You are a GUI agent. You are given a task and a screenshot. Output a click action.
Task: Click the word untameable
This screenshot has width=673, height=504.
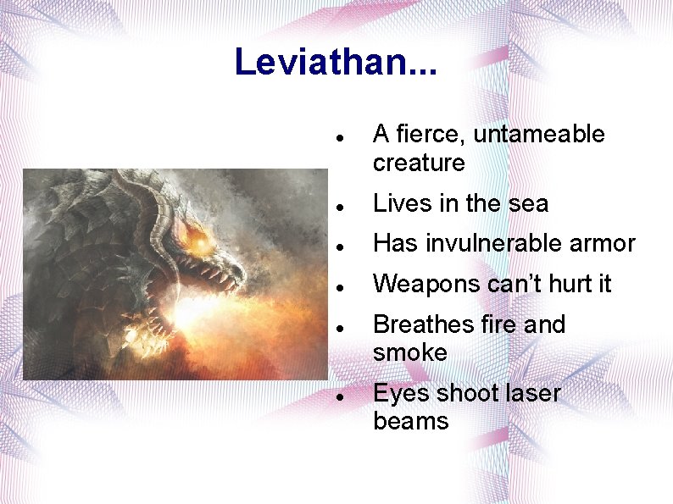point(539,135)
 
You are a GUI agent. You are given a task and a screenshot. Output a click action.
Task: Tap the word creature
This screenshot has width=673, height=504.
point(419,163)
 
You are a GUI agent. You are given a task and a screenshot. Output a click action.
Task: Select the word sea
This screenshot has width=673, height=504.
point(530,203)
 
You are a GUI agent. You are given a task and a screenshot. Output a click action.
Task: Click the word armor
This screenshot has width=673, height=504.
point(603,244)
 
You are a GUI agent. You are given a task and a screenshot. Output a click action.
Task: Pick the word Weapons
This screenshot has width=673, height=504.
point(426,285)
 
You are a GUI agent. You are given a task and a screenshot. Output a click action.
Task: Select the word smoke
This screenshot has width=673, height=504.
point(409,352)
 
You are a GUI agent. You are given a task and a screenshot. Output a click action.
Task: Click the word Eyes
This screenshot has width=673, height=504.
point(401,394)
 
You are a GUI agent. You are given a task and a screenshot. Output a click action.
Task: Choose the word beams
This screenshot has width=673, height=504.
point(410,421)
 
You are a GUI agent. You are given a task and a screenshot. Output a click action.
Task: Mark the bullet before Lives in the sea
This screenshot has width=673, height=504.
point(338,205)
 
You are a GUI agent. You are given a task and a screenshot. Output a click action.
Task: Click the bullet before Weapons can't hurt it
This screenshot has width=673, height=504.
point(338,286)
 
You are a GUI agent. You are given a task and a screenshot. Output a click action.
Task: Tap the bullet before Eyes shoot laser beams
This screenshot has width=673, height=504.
point(338,395)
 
